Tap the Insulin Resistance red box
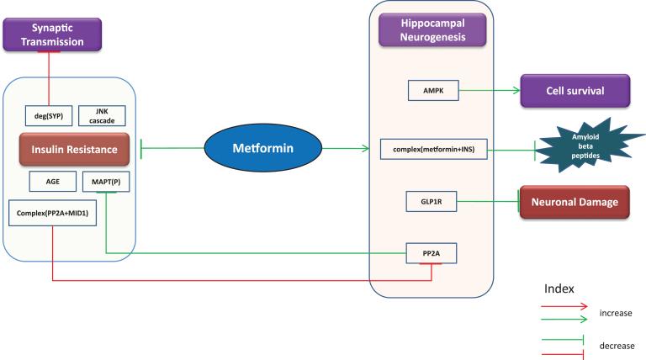[x=74, y=149]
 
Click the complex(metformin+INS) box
[x=432, y=150]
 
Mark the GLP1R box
[x=431, y=202]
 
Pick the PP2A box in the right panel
[x=432, y=251]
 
